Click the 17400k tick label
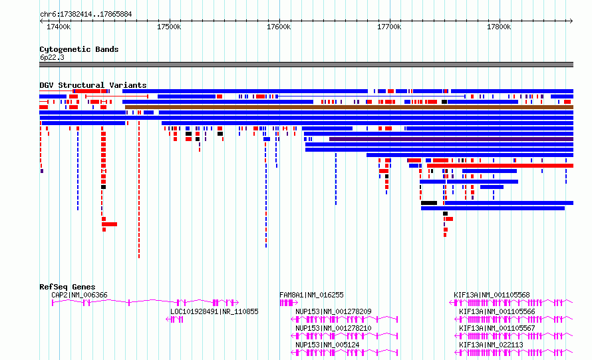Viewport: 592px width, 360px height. [x=59, y=27]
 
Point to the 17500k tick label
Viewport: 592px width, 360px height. [x=169, y=27]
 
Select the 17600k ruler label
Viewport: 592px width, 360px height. [x=279, y=27]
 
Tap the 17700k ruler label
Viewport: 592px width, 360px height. [x=389, y=27]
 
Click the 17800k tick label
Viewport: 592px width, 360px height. [x=499, y=27]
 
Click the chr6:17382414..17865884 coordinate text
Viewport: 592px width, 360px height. [x=86, y=15]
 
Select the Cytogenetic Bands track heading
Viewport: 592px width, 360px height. [x=79, y=49]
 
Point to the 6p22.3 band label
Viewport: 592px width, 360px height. [x=52, y=57]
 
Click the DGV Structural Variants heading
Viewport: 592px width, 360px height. [x=93, y=85]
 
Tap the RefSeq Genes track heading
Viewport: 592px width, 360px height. [x=67, y=287]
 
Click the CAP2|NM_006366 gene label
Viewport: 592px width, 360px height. [x=79, y=295]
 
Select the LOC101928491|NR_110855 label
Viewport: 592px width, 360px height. [x=214, y=311]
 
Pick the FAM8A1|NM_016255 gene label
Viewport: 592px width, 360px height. [x=311, y=295]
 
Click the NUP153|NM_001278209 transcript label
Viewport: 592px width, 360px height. [x=333, y=311]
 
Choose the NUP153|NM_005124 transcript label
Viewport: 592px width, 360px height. [x=327, y=345]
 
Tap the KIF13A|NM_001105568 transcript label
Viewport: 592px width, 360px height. [x=492, y=295]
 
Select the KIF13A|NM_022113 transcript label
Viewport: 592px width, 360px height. [x=491, y=345]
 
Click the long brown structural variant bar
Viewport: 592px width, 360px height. [x=349, y=107]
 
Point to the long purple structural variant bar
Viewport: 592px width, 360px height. [x=451, y=139]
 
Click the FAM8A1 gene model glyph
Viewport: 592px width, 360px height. [x=289, y=303]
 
